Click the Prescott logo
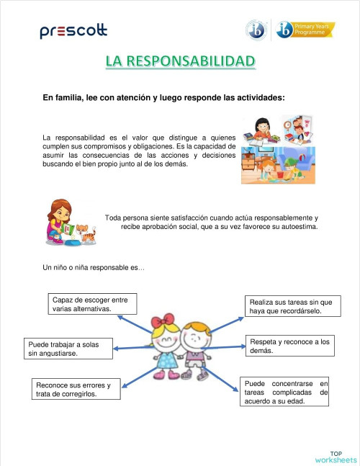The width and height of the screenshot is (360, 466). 73,31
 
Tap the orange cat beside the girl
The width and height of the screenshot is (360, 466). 86,233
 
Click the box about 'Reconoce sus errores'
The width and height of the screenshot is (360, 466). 74,390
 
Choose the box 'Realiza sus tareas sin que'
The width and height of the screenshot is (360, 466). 290,307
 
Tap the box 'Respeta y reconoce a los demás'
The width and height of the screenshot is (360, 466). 289,346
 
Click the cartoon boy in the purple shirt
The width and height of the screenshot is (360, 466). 194,349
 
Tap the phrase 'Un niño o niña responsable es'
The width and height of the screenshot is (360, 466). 94,268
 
